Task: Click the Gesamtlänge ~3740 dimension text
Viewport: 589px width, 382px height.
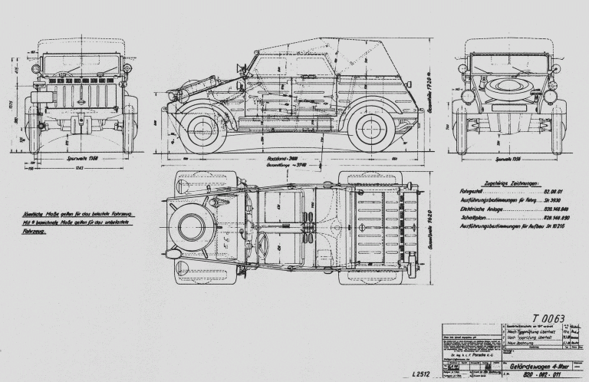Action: point(282,164)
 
